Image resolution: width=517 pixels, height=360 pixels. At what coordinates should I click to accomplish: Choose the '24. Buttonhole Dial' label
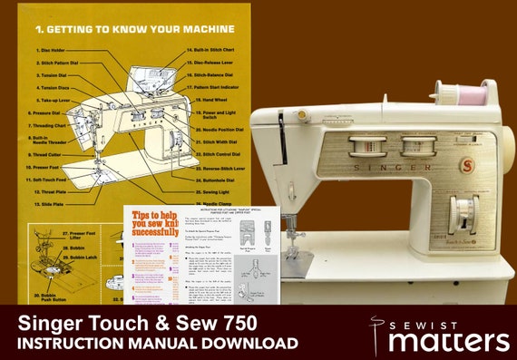click(219, 181)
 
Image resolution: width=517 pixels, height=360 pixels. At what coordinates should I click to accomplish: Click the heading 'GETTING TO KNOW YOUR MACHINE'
click(135, 28)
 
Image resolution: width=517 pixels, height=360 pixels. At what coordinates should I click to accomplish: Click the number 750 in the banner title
click(232, 323)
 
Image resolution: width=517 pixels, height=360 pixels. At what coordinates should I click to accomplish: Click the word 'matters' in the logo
click(450, 341)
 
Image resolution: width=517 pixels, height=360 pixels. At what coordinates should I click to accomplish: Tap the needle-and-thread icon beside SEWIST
click(377, 330)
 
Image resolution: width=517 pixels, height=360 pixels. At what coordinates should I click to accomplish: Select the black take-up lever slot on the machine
click(280, 131)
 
